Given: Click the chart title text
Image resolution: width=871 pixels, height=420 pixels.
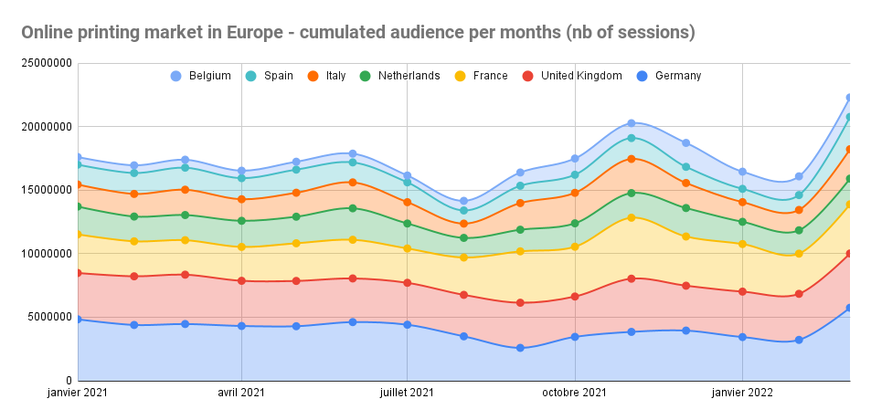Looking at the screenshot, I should [x=357, y=33].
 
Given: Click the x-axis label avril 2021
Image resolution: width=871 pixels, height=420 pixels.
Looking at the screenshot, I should [x=241, y=394].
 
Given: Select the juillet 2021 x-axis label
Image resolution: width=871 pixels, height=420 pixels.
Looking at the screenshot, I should [x=408, y=394].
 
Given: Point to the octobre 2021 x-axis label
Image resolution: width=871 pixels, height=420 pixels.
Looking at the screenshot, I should [x=575, y=394].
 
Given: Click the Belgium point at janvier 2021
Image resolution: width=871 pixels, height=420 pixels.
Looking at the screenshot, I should [x=79, y=158].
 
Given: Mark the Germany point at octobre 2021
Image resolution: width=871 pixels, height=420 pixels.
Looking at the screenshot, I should [x=575, y=337].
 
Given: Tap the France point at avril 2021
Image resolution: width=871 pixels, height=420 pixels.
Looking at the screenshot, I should [x=241, y=247].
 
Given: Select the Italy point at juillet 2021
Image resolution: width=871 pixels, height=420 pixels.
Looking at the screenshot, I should [x=408, y=202].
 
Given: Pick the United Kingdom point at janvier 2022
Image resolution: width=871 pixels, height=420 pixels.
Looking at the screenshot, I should [x=742, y=291].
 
